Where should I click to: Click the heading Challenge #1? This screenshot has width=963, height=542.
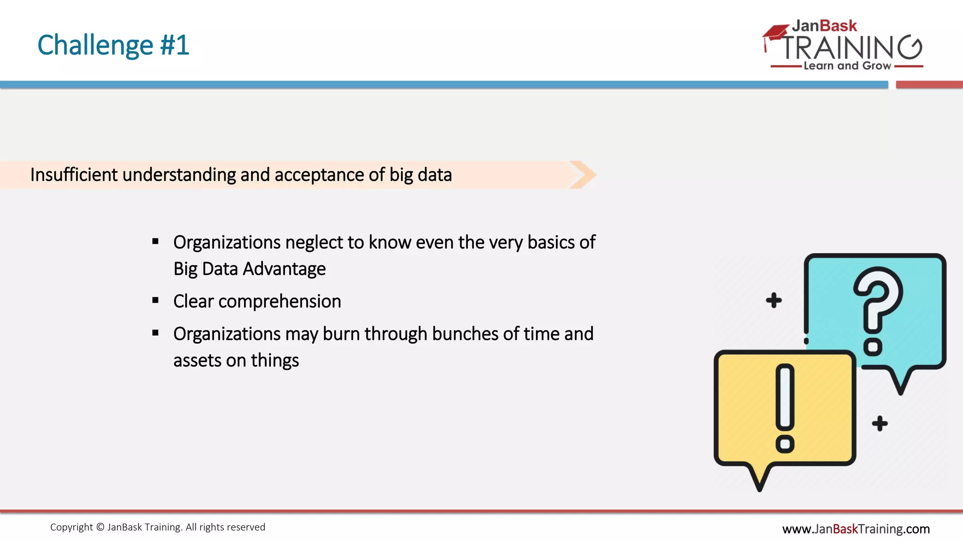[113, 45]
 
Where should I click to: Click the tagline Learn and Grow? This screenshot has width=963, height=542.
[847, 66]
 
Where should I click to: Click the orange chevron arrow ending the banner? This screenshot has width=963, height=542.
[583, 175]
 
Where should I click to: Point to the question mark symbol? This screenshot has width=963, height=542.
[877, 311]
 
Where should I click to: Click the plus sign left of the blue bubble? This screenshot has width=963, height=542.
[774, 300]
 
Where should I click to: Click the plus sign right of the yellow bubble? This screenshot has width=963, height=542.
[880, 423]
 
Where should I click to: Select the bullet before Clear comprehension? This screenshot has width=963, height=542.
[156, 301]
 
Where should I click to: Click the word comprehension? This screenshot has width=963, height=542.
[280, 302]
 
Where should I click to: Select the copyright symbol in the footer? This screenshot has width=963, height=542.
[100, 527]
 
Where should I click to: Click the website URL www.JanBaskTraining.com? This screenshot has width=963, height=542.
[856, 529]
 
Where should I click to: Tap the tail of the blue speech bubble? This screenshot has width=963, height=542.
[900, 381]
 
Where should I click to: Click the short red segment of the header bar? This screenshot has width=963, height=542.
[929, 85]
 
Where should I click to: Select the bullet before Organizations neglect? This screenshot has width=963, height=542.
[156, 242]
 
